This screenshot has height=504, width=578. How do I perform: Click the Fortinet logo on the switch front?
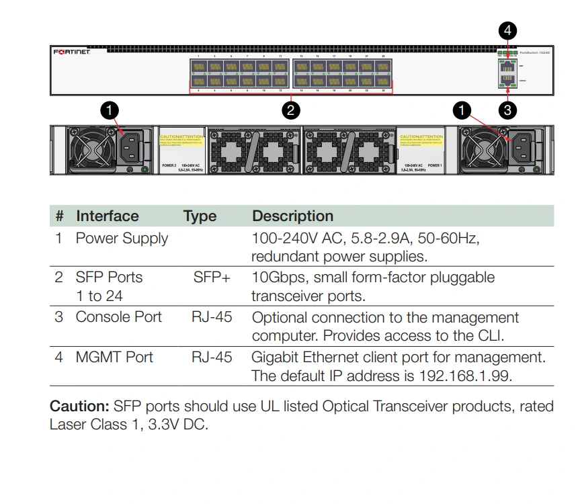[72, 52]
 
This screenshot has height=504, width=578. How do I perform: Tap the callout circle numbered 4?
[507, 30]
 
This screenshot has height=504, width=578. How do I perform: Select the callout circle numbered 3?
[507, 110]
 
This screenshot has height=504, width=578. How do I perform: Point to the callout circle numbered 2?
[290, 110]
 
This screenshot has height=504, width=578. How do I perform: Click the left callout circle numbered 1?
[110, 110]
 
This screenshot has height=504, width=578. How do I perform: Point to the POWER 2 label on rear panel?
[169, 165]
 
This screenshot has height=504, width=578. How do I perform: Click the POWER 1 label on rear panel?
[434, 165]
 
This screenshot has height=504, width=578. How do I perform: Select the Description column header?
[292, 216]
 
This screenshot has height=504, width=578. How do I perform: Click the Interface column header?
[107, 216]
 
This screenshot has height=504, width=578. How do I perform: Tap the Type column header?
[200, 216]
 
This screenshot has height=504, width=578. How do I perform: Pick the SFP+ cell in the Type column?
[212, 278]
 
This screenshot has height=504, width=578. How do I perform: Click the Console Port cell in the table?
[118, 317]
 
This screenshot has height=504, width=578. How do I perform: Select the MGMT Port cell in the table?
[114, 357]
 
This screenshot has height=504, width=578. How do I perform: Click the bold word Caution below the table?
[79, 407]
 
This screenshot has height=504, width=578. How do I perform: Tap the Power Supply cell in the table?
[122, 239]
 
